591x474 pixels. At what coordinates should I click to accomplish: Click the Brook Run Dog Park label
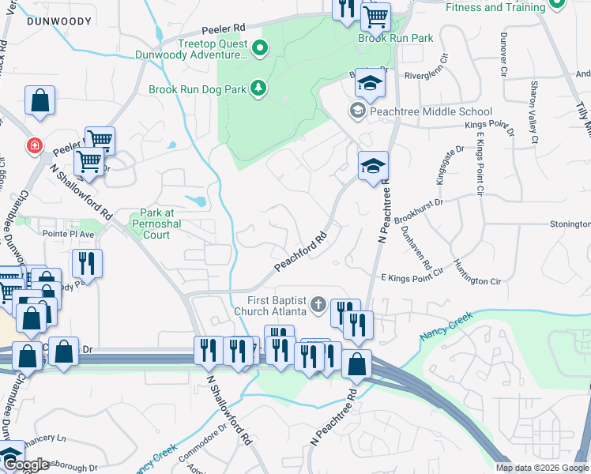[x=198, y=89]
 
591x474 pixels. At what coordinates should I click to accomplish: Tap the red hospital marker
[x=33, y=146]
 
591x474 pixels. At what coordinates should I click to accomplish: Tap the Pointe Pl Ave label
[x=68, y=235]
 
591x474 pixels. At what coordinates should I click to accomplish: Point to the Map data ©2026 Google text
[x=541, y=468]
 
